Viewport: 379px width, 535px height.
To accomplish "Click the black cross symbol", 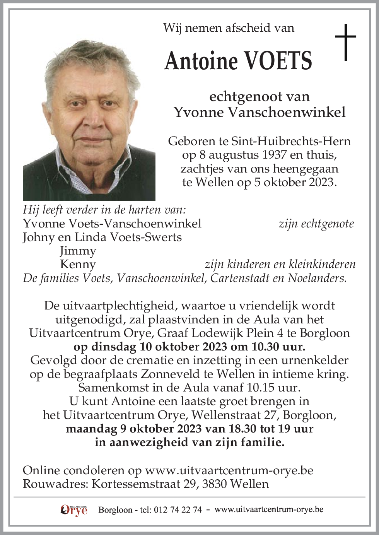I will point(345,42).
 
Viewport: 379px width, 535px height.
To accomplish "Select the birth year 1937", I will point(274,155).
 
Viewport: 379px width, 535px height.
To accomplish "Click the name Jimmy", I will point(78,251).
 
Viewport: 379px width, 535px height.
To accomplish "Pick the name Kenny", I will point(78,264).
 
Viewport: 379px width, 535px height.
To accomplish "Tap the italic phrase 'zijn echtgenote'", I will point(316,224).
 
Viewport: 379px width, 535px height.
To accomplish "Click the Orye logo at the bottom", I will point(74,510).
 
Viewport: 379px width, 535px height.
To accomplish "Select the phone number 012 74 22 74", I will point(178,510).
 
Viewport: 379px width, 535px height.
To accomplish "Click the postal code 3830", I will point(216,484).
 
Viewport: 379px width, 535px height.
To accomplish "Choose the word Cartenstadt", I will point(251,278).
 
